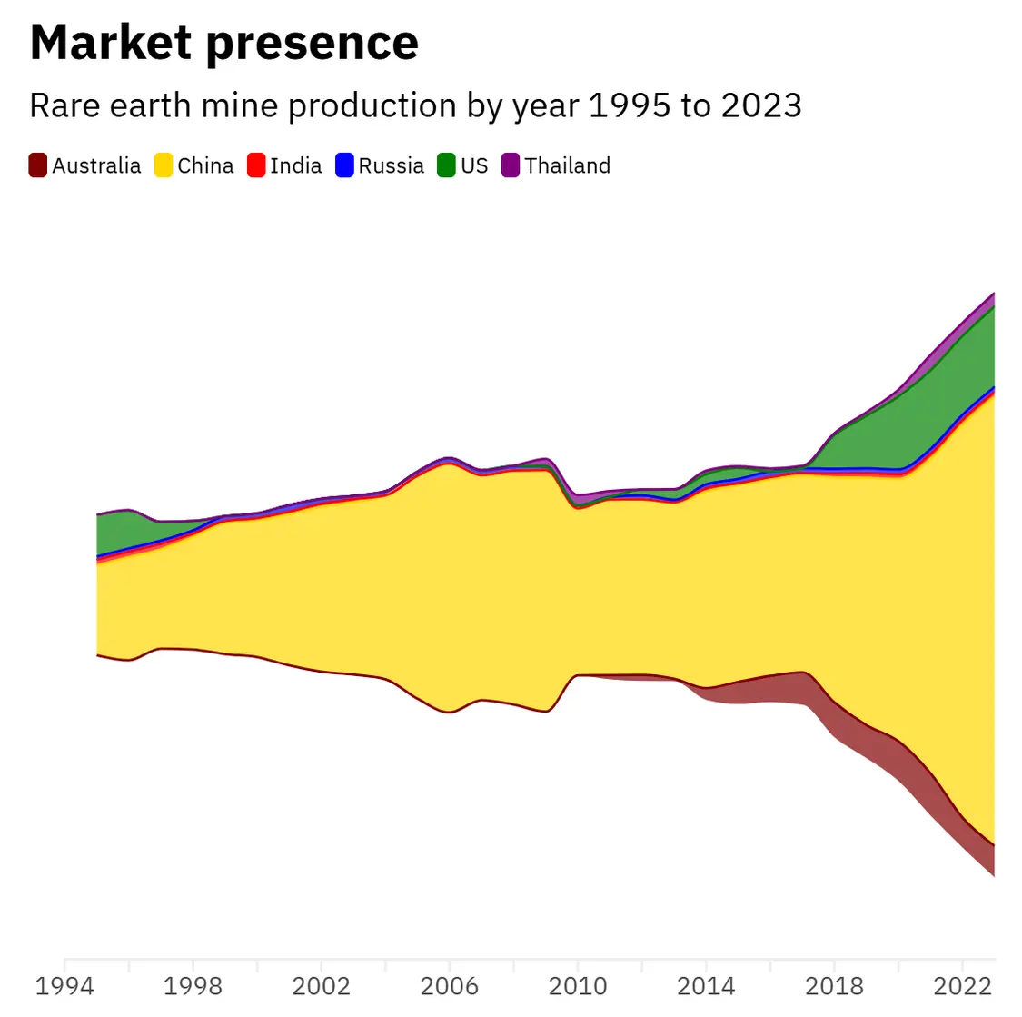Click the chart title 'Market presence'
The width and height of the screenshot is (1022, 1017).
[x=223, y=43]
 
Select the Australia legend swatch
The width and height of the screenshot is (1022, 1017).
[x=38, y=165]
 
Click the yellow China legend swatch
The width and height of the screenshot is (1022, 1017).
[x=164, y=165]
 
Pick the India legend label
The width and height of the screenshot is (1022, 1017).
[x=296, y=165]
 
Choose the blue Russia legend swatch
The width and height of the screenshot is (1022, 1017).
[x=344, y=165]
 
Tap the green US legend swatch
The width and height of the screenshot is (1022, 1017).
[x=446, y=165]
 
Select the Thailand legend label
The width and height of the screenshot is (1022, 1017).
[x=567, y=165]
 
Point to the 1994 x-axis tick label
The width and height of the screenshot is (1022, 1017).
[x=64, y=986]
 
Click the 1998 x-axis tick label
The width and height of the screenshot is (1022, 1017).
[x=193, y=986]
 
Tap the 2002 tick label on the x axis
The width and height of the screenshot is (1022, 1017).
[x=321, y=986]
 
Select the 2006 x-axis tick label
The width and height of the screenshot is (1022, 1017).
[x=450, y=986]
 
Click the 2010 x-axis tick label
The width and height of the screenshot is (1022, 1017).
[x=578, y=986]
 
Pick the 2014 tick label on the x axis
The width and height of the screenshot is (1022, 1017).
[x=706, y=986]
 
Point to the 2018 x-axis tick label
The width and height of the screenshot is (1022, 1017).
[x=834, y=986]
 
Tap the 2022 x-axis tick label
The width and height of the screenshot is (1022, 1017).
[x=963, y=986]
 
